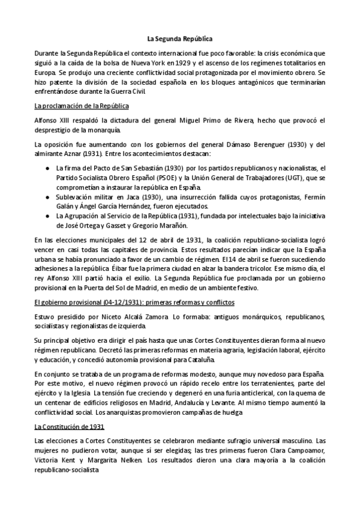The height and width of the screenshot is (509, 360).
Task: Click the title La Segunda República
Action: pos(179,37)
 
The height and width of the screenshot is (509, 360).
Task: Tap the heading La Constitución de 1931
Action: pos(69,427)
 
